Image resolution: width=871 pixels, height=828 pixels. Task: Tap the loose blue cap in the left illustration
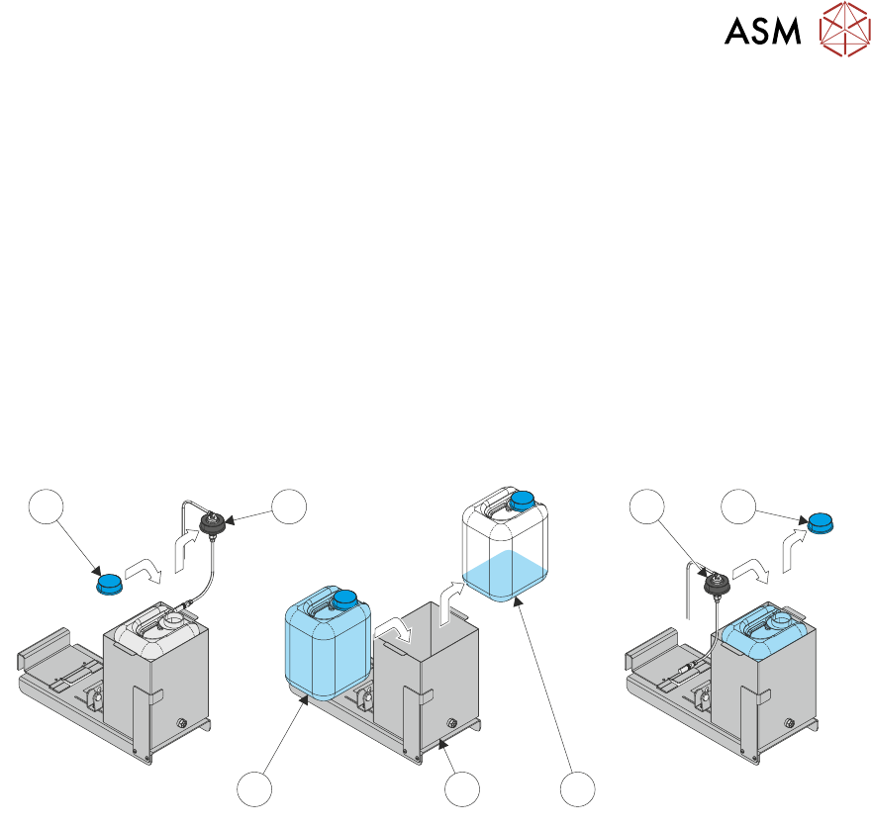108,583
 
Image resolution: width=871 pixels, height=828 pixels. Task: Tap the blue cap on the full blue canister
344,599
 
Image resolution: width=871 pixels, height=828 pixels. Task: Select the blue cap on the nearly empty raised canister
521,500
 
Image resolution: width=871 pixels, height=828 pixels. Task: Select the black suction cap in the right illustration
715,586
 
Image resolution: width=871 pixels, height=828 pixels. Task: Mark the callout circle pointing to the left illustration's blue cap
44,509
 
